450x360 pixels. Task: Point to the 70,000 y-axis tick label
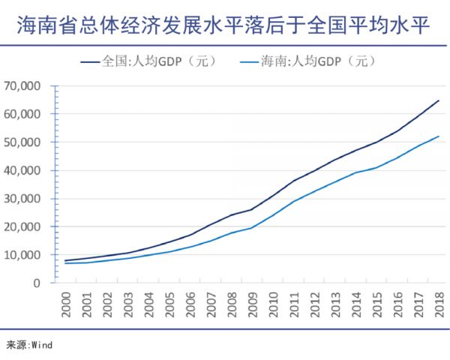[31, 86]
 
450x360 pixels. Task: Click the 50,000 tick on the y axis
[31, 142]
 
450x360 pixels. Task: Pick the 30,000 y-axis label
[31, 199]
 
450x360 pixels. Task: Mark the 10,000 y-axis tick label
[31, 255]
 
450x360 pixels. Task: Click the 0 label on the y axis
[46, 283]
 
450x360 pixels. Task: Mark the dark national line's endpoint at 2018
[439, 100]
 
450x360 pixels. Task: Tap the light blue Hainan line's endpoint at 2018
[439, 136]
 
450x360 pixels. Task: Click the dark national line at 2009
[253, 209]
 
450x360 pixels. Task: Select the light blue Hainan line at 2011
[294, 201]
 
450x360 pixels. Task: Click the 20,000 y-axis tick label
[31, 227]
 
